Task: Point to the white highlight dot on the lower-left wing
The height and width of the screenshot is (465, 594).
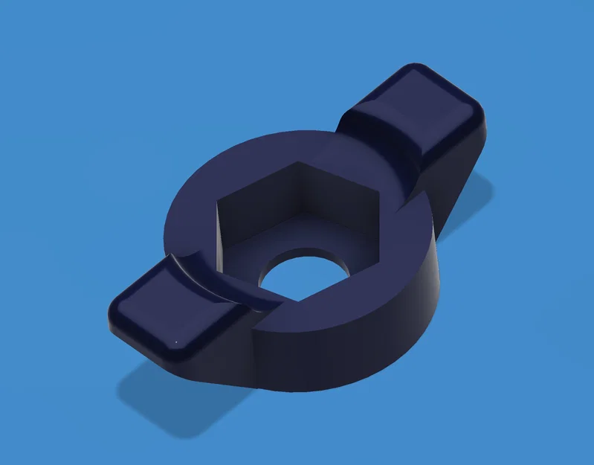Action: [175, 342]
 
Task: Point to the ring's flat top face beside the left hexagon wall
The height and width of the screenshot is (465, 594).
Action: [190, 223]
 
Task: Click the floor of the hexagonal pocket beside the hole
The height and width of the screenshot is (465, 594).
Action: [253, 257]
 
